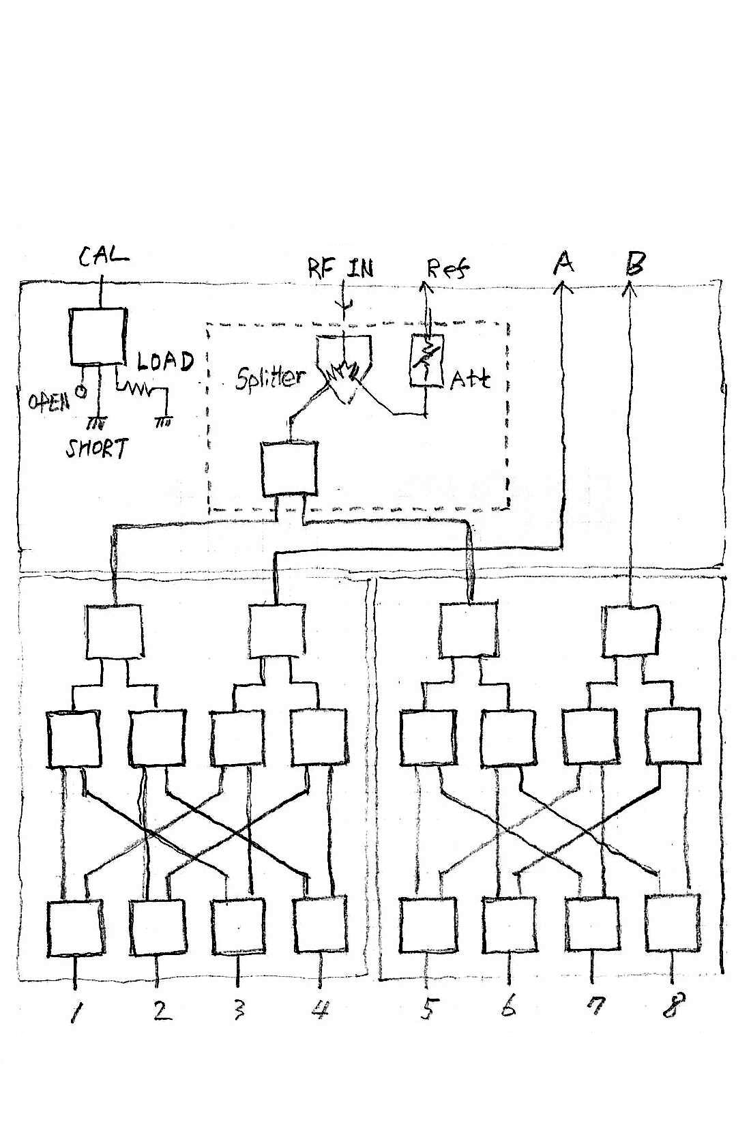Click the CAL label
pyautogui.click(x=103, y=257)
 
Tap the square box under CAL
pyautogui.click(x=98, y=336)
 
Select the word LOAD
pyautogui.click(x=165, y=361)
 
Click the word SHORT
pyautogui.click(x=96, y=449)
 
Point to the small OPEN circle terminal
pyautogui.click(x=81, y=391)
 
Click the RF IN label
pyautogui.click(x=340, y=267)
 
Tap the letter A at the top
pyautogui.click(x=563, y=263)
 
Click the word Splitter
pyautogui.click(x=269, y=377)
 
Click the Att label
pyautogui.click(x=470, y=379)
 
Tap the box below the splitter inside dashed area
pyautogui.click(x=289, y=469)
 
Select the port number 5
pyautogui.click(x=428, y=1008)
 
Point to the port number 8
pyautogui.click(x=670, y=1006)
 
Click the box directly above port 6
pyautogui.click(x=510, y=924)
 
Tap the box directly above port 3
pyautogui.click(x=238, y=926)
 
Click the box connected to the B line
pyautogui.click(x=631, y=631)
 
